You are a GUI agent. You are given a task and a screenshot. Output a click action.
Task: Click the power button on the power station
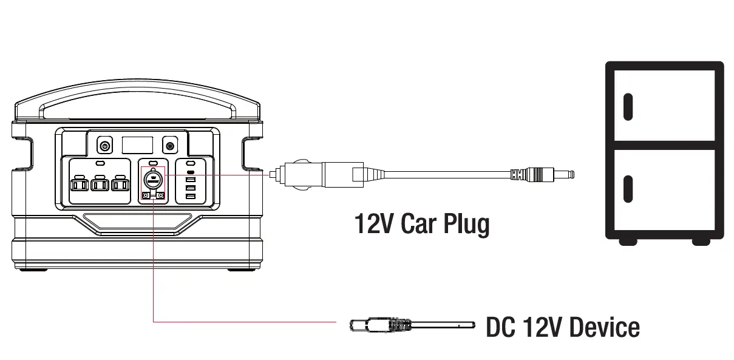[x=105, y=146]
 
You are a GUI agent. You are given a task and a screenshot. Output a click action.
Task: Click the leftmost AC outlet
[x=79, y=184]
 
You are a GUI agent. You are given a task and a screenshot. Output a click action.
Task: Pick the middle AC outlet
[x=100, y=184]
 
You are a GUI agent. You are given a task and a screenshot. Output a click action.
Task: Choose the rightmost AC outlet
[x=121, y=184]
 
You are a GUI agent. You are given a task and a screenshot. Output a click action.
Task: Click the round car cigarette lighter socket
[x=153, y=179]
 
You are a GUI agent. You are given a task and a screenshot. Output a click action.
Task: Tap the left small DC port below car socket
[x=146, y=195]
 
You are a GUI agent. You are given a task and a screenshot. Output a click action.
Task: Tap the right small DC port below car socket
[x=161, y=195]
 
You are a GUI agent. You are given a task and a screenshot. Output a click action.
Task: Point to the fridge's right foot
[x=701, y=242]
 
